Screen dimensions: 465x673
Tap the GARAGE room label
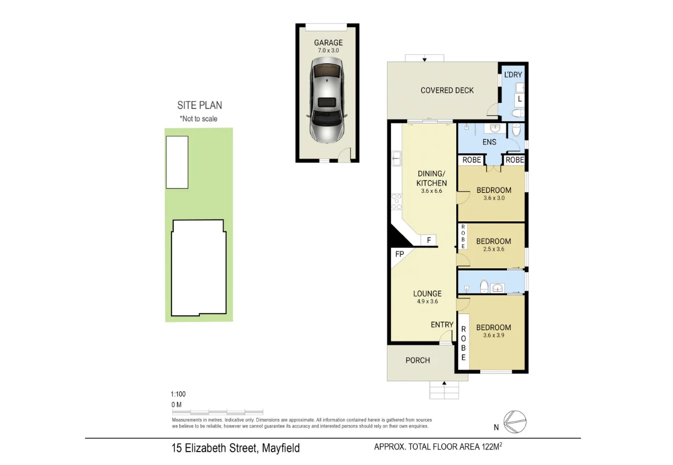(328, 42)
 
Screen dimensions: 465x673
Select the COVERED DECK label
(447, 90)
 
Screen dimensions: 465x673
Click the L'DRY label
(512, 75)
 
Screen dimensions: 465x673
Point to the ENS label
(489, 142)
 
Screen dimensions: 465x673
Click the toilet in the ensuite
(516, 130)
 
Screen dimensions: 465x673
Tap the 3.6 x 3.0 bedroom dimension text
(494, 198)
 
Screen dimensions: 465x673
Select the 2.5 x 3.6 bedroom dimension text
(493, 249)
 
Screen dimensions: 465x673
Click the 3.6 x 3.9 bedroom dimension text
(494, 335)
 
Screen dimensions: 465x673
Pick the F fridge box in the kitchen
(429, 240)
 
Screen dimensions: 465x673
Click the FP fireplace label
(399, 254)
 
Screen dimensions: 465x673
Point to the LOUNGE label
(427, 293)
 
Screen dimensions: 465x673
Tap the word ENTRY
(442, 325)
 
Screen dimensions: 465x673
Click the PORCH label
(418, 360)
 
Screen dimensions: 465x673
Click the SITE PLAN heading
(199, 105)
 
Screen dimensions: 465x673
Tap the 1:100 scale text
(178, 393)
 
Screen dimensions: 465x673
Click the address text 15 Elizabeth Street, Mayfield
(236, 448)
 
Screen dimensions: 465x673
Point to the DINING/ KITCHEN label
(431, 178)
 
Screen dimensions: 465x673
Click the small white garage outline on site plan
(177, 162)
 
